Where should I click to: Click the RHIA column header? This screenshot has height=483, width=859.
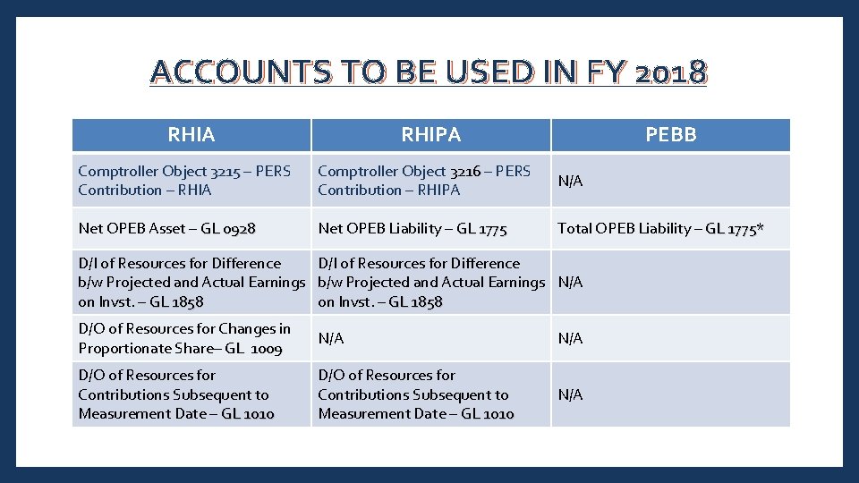(191, 135)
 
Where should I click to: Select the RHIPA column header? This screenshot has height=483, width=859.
(430, 135)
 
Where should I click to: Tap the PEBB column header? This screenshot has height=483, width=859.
(671, 135)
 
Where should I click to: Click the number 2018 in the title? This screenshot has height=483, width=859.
(670, 72)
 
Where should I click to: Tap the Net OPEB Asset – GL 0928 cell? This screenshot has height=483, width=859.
(166, 228)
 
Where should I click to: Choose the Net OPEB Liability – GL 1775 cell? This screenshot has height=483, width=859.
(412, 228)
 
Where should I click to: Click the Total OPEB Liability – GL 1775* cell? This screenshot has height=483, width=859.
(660, 228)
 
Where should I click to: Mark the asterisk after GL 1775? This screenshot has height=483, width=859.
(760, 227)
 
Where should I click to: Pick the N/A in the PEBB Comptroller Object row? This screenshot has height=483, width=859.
(570, 181)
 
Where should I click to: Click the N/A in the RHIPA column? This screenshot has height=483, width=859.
(330, 338)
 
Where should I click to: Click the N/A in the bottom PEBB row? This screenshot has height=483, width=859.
(570, 394)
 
